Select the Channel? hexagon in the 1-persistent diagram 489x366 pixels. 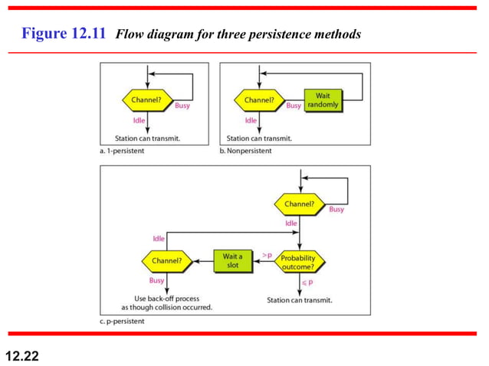(144, 100)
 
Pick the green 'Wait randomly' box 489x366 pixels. (322, 100)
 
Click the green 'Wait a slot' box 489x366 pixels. (233, 260)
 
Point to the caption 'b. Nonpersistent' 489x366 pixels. (251, 151)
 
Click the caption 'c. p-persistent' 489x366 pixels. (124, 322)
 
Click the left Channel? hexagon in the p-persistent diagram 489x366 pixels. (166, 261)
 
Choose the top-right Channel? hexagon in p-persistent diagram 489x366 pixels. (299, 204)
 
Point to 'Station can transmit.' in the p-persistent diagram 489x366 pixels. (300, 300)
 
